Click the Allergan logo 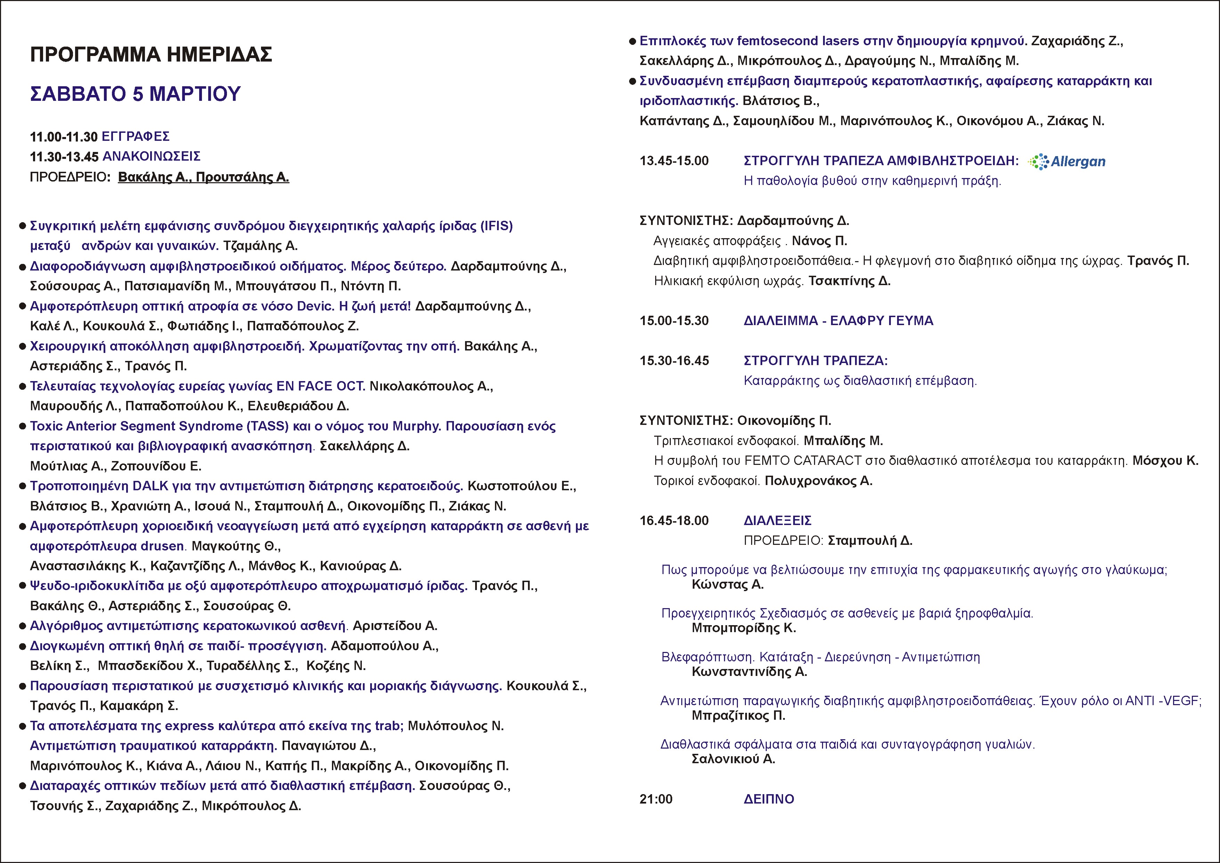click(1067, 162)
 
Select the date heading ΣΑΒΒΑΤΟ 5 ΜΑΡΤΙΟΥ click(136, 94)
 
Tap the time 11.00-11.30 click(64, 137)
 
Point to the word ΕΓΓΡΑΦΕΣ click(136, 137)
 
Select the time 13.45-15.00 click(674, 161)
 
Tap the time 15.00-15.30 click(674, 321)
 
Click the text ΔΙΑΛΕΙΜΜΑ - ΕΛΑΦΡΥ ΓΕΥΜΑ click(838, 321)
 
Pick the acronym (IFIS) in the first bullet click(496, 226)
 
